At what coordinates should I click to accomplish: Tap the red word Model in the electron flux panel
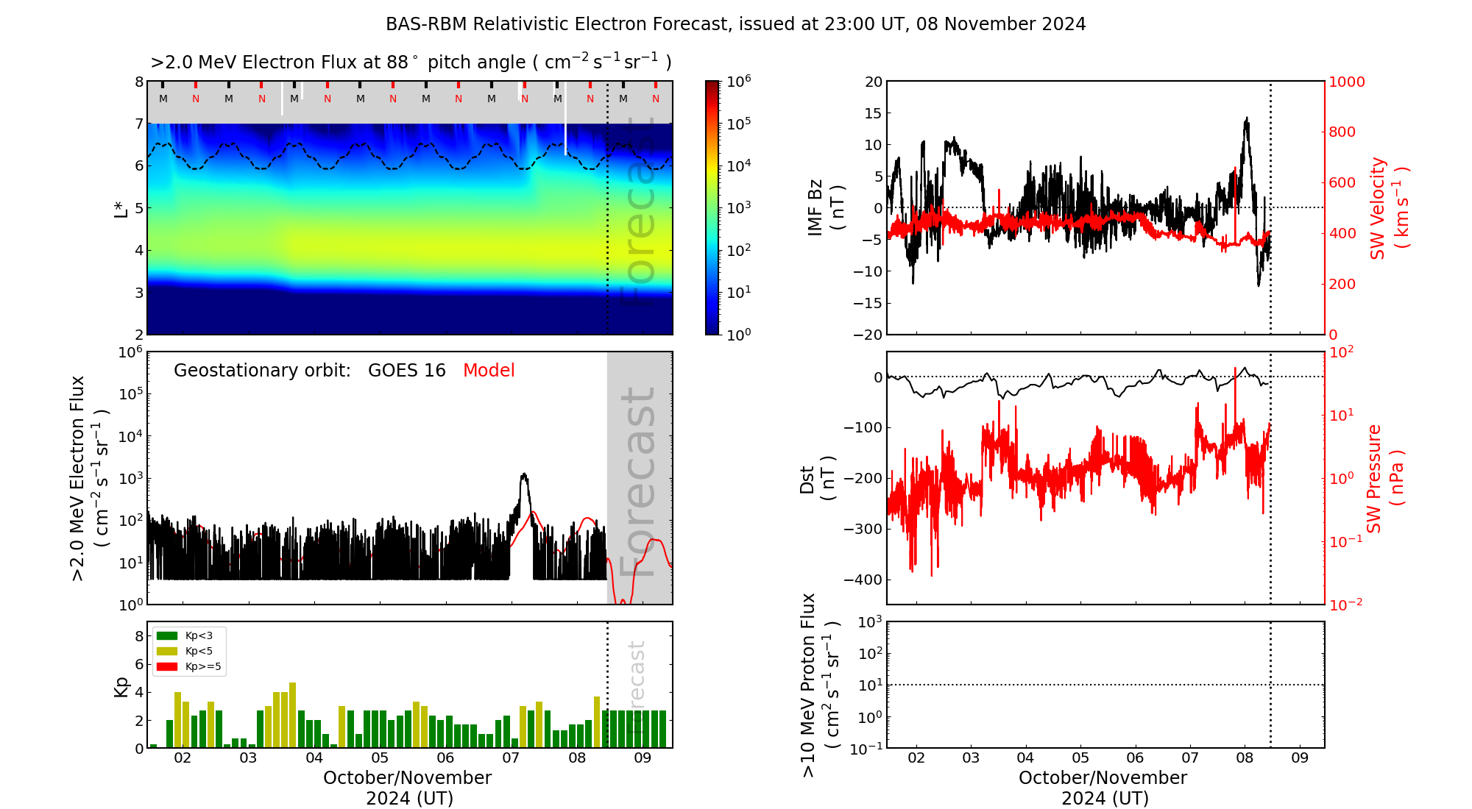pyautogui.click(x=489, y=371)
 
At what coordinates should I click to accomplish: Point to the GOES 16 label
pyautogui.click(x=407, y=371)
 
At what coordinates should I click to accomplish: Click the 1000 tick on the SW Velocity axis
pyautogui.click(x=1346, y=82)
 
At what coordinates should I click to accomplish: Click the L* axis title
pyautogui.click(x=121, y=208)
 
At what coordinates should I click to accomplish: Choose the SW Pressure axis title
pyautogui.click(x=1384, y=478)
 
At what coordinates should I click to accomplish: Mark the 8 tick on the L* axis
pyautogui.click(x=138, y=82)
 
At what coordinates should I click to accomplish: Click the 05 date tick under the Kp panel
pyautogui.click(x=380, y=758)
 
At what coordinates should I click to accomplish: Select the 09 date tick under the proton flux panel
pyautogui.click(x=1300, y=758)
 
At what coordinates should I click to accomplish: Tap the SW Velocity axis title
pyautogui.click(x=1388, y=207)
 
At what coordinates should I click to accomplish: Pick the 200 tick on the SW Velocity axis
pyautogui.click(x=1341, y=285)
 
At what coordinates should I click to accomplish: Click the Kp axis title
pyautogui.click(x=121, y=686)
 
